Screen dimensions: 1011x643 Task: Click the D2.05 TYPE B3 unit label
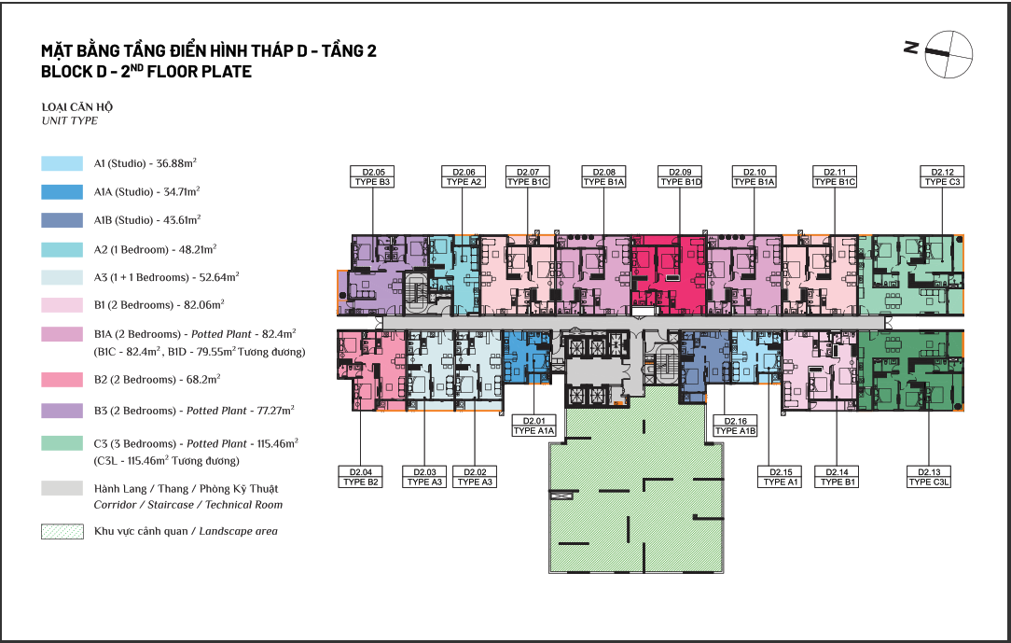click(373, 176)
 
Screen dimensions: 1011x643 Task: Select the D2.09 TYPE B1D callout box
click(680, 176)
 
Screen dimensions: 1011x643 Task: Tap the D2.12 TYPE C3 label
click(942, 176)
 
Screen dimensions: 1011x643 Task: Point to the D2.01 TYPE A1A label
click(533, 426)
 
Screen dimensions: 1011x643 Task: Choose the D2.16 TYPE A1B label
click(735, 426)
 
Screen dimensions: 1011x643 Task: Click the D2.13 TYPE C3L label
click(929, 477)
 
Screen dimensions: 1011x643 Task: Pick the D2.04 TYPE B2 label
click(360, 477)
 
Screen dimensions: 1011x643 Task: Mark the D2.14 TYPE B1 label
click(837, 477)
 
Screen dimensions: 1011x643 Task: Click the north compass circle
click(949, 54)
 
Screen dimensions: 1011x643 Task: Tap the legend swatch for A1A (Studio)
click(62, 191)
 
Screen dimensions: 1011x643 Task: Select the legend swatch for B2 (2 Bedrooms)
click(62, 379)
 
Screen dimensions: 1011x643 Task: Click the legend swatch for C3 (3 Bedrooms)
click(62, 443)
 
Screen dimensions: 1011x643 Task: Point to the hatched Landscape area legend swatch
click(62, 531)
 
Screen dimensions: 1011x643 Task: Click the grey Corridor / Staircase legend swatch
click(62, 488)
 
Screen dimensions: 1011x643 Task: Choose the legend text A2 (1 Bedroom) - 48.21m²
click(156, 249)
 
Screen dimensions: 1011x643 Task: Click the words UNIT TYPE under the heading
click(70, 120)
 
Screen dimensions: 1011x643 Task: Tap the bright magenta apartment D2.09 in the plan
click(669, 275)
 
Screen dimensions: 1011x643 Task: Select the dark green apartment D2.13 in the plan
click(910, 370)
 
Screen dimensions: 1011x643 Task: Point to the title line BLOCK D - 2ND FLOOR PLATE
click(146, 71)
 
